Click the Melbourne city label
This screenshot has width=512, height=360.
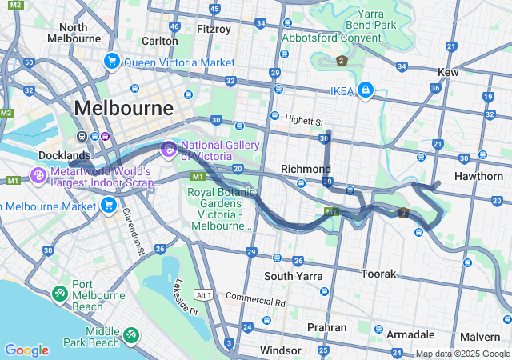123,107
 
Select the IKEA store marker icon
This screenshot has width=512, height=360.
366,90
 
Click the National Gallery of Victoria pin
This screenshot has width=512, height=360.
169,148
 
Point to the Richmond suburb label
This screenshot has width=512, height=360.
306,169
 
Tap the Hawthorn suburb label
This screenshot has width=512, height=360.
477,176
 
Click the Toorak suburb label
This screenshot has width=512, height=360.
378,274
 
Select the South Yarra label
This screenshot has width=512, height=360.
293,276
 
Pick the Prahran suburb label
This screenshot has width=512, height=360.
326,327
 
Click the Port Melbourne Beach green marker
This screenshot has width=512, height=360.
60,294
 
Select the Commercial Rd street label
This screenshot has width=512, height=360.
255,302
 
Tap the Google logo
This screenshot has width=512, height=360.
26,350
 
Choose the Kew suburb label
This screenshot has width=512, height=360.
447,72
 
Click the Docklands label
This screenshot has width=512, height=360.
64,154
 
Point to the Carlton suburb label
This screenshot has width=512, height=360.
159,41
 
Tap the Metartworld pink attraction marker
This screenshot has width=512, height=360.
38,174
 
